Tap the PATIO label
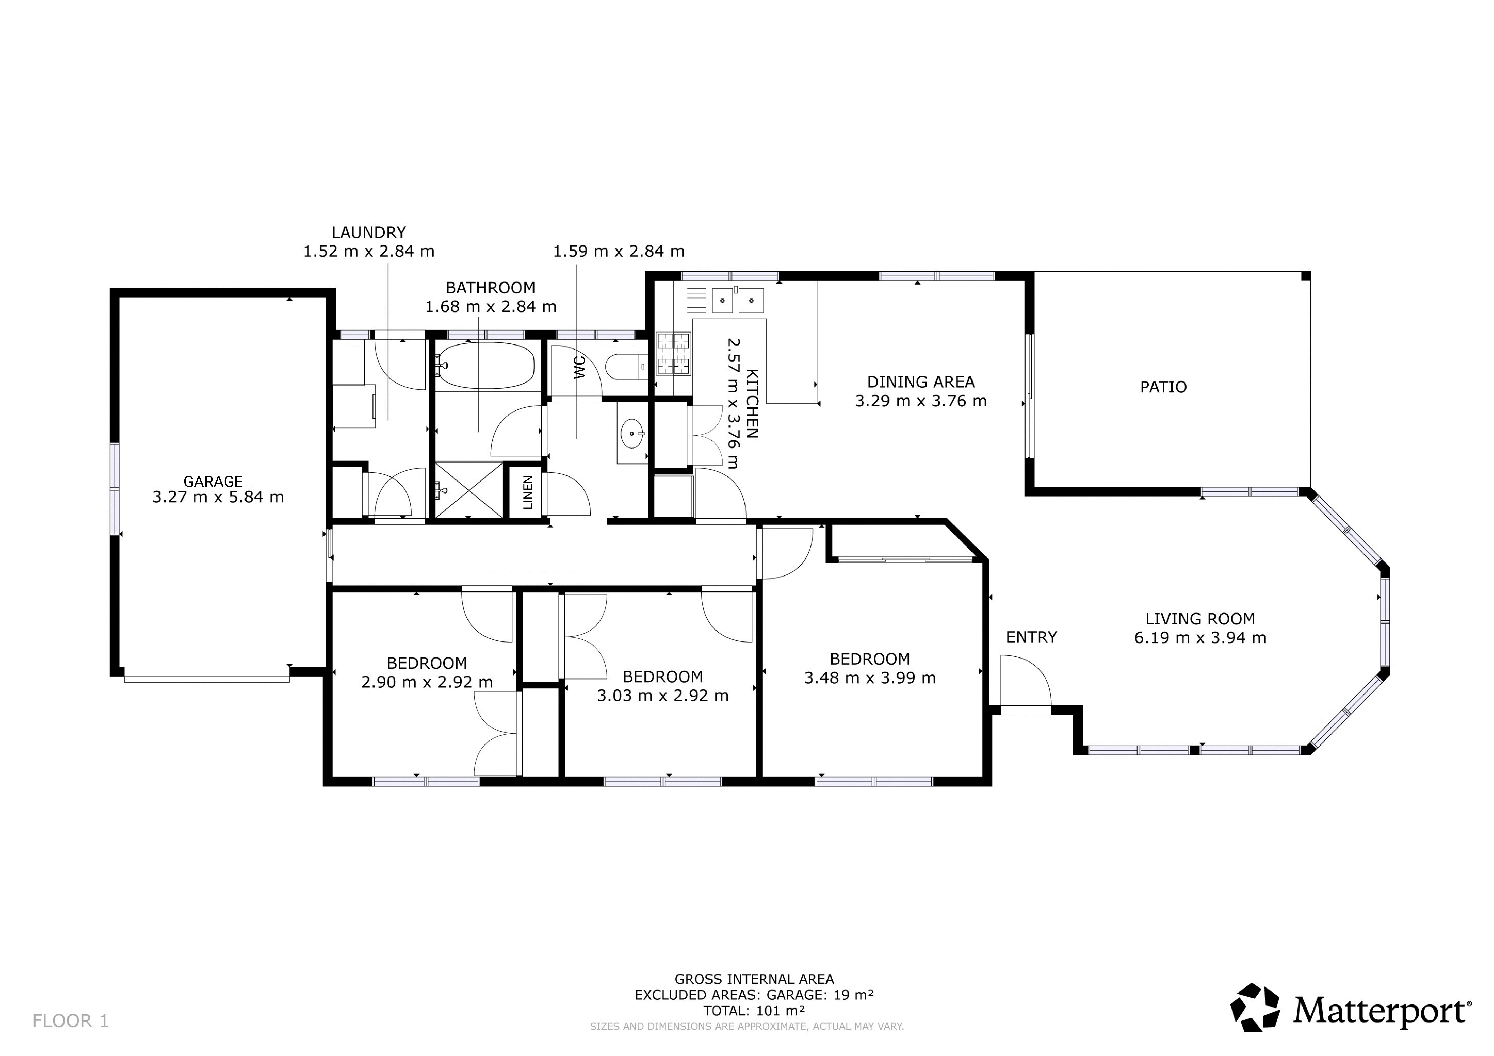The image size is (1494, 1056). pyautogui.click(x=1164, y=387)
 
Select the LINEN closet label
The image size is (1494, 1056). pyautogui.click(x=528, y=492)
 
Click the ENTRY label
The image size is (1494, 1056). pyautogui.click(x=1031, y=637)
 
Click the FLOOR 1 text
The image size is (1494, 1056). pyautogui.click(x=70, y=1021)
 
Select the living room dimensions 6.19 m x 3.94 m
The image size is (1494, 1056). pyautogui.click(x=1200, y=638)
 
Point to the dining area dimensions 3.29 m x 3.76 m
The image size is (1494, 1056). pyautogui.click(x=921, y=401)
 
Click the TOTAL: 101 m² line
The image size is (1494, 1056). pyautogui.click(x=754, y=1010)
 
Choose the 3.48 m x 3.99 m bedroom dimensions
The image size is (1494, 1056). pyautogui.click(x=870, y=678)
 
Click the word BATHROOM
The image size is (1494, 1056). pyautogui.click(x=491, y=287)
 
